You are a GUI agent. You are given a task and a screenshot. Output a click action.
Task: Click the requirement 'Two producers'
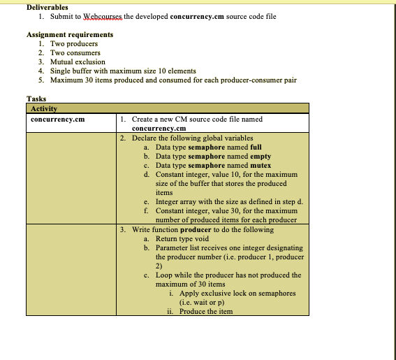pos(73,43)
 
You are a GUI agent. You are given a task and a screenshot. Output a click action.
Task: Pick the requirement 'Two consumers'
pos(75,52)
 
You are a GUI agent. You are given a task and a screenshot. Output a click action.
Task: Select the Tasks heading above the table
pos(37,99)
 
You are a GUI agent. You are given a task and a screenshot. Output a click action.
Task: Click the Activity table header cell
pos(44,108)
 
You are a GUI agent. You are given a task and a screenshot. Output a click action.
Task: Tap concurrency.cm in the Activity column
pos(58,120)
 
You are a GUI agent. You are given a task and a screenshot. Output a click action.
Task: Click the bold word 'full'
pos(256,147)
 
